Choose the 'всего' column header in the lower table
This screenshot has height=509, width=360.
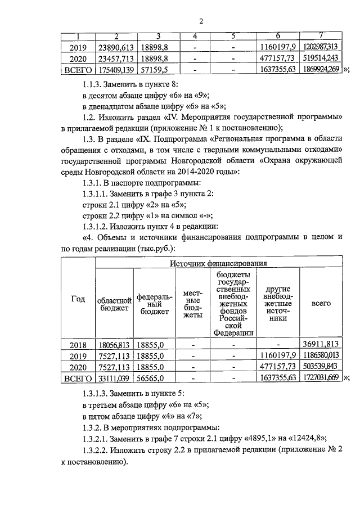click(x=321, y=303)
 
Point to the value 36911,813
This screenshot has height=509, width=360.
click(x=321, y=344)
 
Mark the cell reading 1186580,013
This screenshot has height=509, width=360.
click(x=321, y=355)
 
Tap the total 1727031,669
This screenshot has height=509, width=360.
click(x=321, y=378)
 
